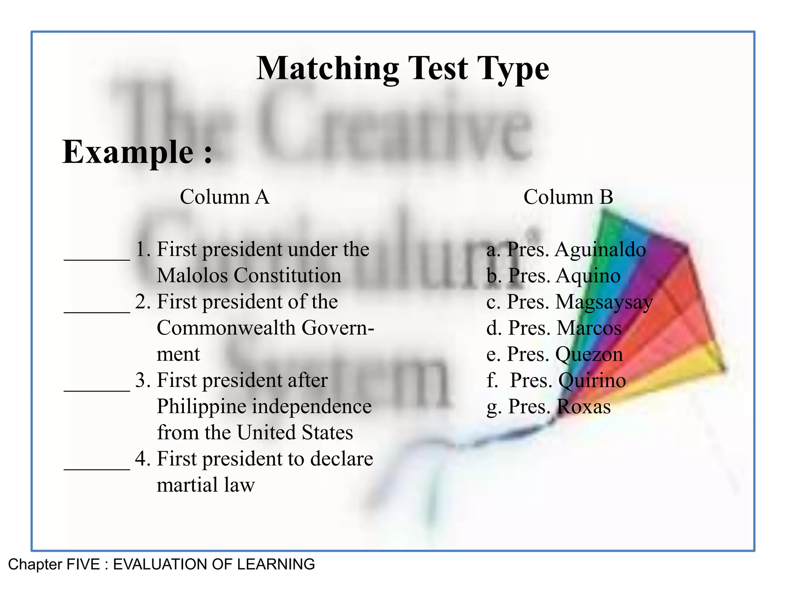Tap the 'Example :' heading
click(137, 152)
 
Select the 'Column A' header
click(225, 197)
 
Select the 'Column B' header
click(568, 197)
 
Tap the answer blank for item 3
click(97, 387)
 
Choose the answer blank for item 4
click(97, 465)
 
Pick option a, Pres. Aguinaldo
click(566, 250)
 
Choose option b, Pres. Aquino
click(553, 276)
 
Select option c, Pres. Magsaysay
click(570, 302)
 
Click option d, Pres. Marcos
click(554, 328)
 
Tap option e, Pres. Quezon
click(555, 354)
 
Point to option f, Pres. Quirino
click(556, 380)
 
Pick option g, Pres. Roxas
click(548, 406)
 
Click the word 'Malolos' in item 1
click(193, 276)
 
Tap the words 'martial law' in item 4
click(206, 485)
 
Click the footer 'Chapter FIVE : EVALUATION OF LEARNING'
click(161, 564)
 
